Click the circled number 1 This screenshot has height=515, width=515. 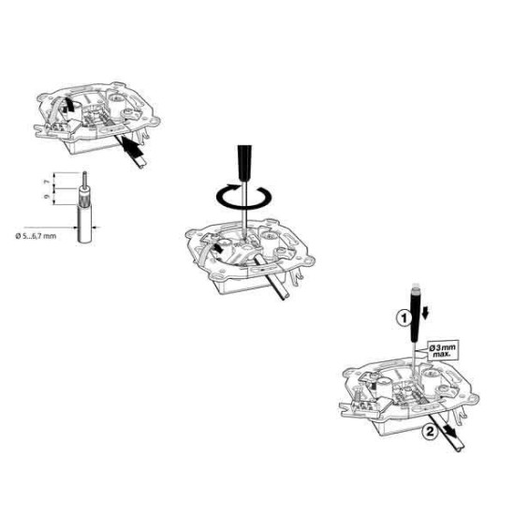click(405, 318)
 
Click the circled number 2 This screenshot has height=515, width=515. click(430, 432)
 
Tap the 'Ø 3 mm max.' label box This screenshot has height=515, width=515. click(443, 351)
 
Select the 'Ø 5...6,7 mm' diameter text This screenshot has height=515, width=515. click(37, 236)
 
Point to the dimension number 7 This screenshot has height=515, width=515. click(47, 181)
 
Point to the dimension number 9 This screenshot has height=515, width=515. click(47, 197)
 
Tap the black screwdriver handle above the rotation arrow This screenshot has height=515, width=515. click(244, 163)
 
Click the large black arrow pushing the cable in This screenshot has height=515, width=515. click(132, 146)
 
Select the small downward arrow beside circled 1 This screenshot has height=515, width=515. click(425, 313)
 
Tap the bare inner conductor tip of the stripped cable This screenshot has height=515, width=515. click(84, 180)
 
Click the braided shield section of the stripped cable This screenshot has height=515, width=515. click(84, 197)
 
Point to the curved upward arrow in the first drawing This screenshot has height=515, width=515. click(67, 104)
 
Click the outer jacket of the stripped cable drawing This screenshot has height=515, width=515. click(84, 224)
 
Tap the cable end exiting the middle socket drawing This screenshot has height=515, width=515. click(285, 295)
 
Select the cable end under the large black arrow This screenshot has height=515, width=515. click(141, 163)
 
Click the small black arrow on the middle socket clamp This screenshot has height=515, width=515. click(218, 248)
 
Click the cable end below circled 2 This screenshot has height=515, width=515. click(460, 448)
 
